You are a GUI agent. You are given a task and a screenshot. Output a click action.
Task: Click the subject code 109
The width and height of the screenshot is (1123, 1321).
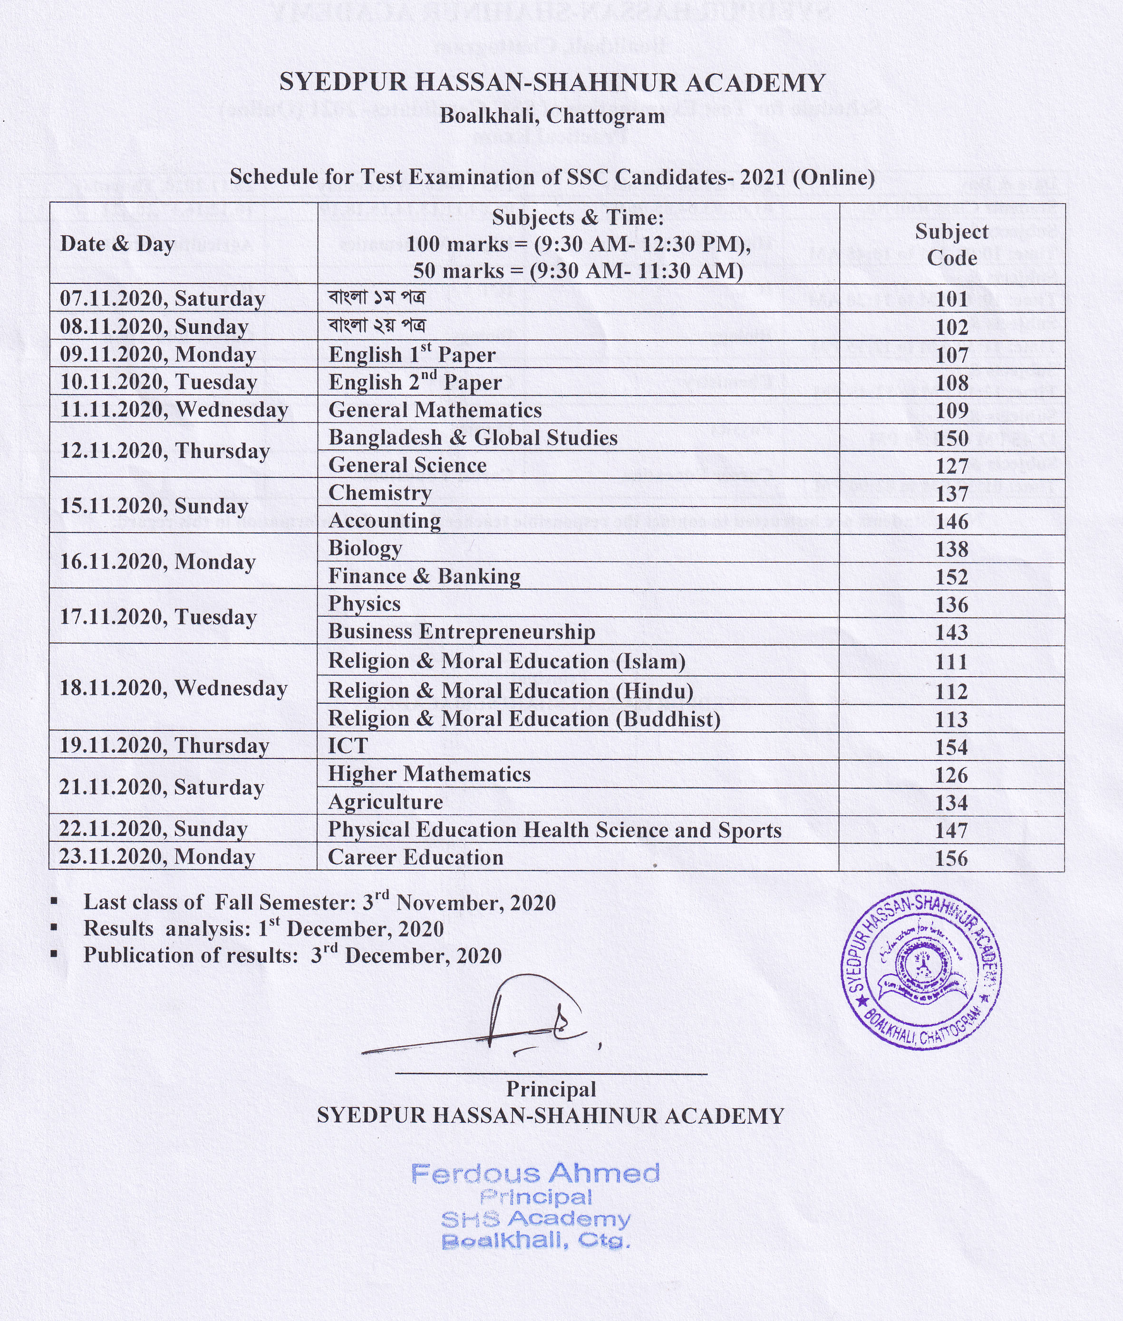(952, 410)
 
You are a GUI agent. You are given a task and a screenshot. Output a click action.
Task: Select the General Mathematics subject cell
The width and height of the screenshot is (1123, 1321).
(435, 410)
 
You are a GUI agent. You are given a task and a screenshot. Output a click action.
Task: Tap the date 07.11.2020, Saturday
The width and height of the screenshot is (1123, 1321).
(162, 299)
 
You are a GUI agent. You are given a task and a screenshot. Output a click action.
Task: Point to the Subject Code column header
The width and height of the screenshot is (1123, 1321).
(952, 244)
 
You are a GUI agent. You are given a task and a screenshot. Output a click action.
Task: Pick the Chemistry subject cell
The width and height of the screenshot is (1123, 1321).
(380, 493)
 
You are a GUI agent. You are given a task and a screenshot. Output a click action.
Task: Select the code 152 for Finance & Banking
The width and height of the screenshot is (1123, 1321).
(952, 577)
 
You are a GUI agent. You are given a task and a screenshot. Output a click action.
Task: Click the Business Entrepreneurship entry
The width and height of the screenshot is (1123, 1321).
(462, 631)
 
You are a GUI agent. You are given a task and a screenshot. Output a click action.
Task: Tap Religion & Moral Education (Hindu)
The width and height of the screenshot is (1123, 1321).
(511, 691)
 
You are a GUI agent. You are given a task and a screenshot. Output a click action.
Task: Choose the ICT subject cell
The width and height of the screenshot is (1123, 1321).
(348, 746)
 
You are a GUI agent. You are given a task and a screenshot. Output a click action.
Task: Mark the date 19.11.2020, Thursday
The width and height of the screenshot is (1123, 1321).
(164, 746)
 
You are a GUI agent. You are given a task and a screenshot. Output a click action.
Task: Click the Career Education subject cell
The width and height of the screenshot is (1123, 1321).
(415, 857)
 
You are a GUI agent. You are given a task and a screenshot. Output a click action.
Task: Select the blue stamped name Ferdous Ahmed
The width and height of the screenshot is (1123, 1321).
(535, 1173)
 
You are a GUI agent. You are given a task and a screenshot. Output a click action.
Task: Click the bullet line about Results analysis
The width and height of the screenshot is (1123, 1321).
(263, 929)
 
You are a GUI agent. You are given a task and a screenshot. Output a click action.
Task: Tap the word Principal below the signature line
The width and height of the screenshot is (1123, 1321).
(551, 1089)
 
